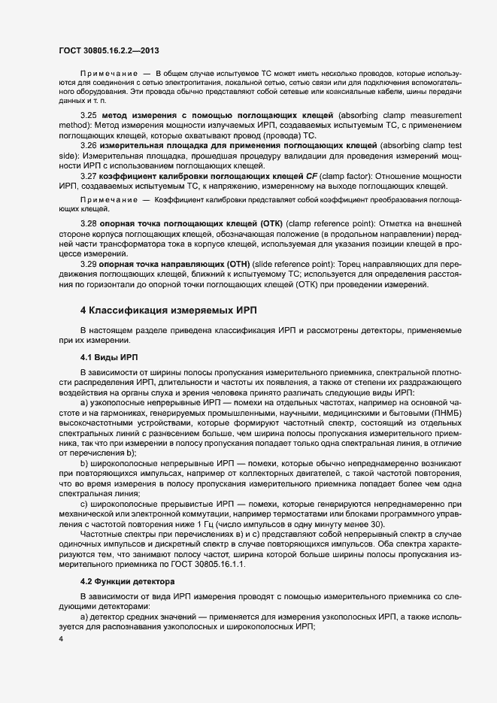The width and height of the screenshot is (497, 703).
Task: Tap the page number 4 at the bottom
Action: (x=60, y=639)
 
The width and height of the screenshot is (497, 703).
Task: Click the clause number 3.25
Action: (x=89, y=115)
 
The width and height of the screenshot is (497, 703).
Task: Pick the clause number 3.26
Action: (x=89, y=144)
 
